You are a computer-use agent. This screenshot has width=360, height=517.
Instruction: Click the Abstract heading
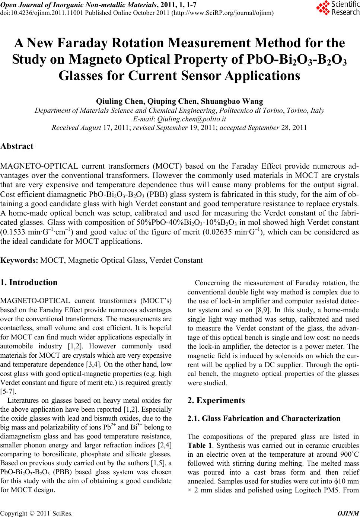pyautogui.click(x=17, y=146)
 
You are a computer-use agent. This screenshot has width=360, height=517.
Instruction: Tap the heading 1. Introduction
pyautogui.click(x=29, y=283)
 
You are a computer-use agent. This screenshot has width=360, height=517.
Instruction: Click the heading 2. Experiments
pyautogui.click(x=216, y=400)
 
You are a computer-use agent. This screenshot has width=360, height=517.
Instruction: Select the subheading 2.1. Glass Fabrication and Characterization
pyautogui.click(x=264, y=418)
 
